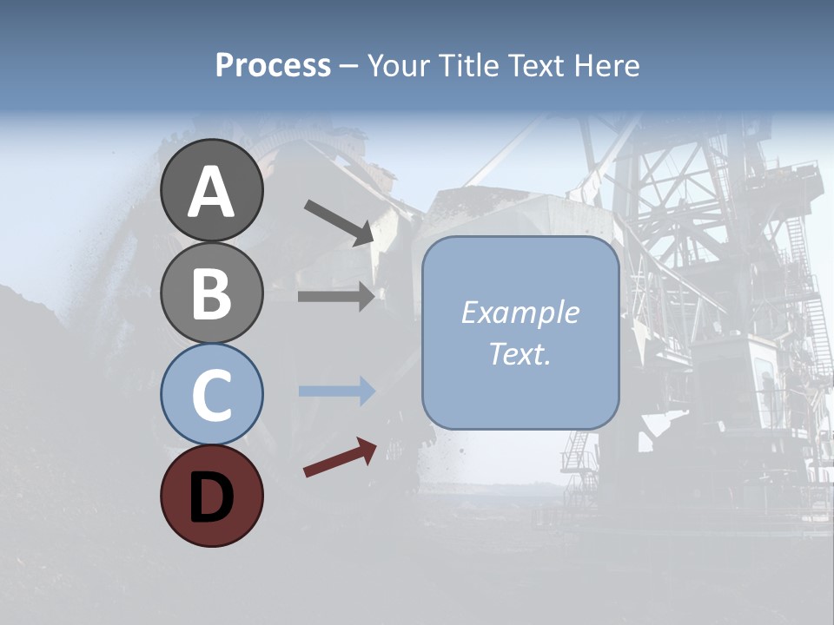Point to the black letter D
tap(212, 497)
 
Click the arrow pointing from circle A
tap(339, 222)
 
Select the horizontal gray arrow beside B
tap(336, 297)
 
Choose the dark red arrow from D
tap(340, 458)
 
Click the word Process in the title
tap(273, 66)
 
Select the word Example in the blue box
tap(520, 312)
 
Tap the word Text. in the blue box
tap(520, 353)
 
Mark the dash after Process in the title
tap(349, 66)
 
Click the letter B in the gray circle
tap(212, 293)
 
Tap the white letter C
tap(212, 396)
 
